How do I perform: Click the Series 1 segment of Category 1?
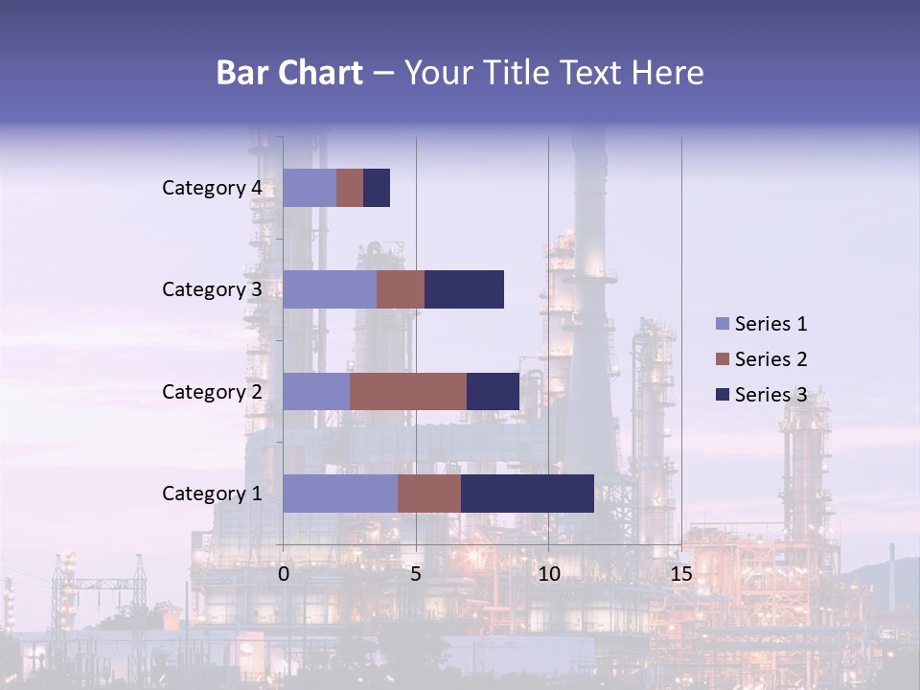click(340, 493)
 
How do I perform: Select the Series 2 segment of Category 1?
click(429, 493)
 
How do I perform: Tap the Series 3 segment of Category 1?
click(527, 493)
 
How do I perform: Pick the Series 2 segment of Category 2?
click(408, 391)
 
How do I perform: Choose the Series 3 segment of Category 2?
click(493, 391)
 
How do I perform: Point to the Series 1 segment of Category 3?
click(330, 289)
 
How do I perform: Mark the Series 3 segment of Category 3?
click(464, 289)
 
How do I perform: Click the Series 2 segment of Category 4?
click(350, 188)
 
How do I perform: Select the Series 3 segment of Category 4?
click(377, 188)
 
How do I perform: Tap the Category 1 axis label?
click(211, 494)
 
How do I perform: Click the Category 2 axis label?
click(211, 391)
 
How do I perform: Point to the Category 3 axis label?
click(211, 289)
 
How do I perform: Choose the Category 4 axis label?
click(211, 188)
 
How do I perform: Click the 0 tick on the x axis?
click(284, 574)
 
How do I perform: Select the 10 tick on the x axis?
click(548, 574)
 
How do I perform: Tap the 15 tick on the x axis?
click(680, 574)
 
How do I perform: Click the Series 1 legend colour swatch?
click(723, 324)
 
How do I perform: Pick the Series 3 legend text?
click(770, 395)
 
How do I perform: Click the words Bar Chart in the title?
click(289, 73)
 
